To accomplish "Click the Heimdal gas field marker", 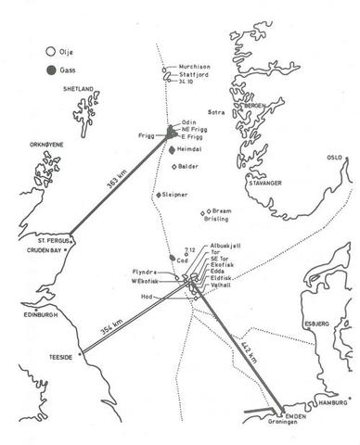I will tap(173, 149).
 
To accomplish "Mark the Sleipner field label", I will tap(176, 196).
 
